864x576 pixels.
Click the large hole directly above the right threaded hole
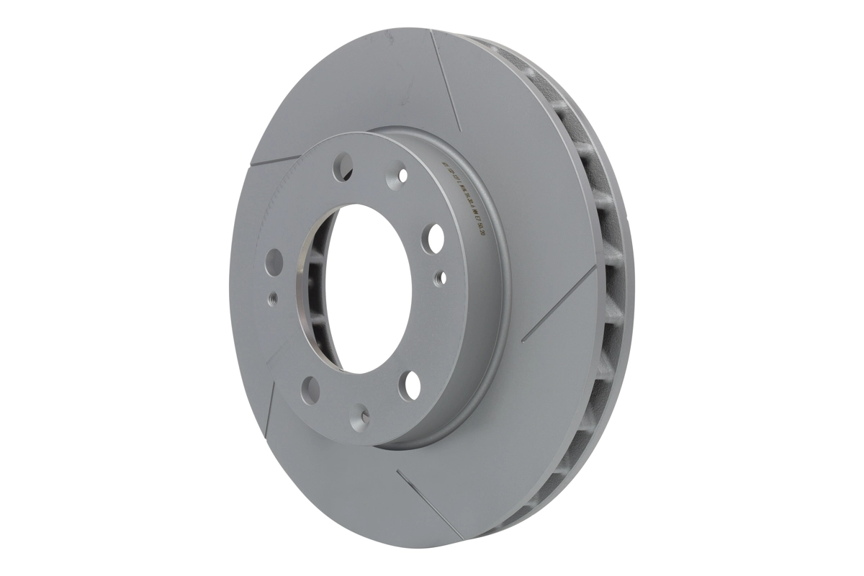tap(436, 235)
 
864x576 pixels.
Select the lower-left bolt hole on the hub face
tap(310, 390)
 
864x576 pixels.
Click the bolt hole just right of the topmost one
tap(400, 175)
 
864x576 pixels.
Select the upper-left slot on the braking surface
tap(277, 158)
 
